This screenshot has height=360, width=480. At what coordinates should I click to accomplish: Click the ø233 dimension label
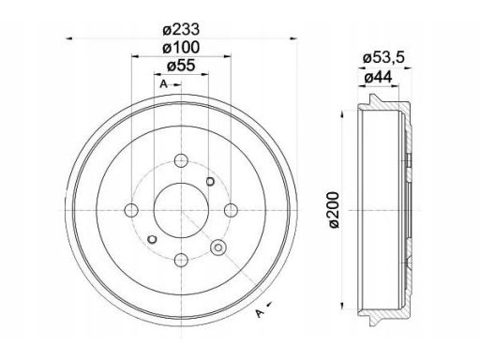pyautogui.click(x=181, y=30)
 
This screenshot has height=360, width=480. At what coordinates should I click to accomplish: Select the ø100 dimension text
pyautogui.click(x=181, y=48)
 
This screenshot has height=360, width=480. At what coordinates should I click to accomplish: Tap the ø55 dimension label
pyautogui.click(x=181, y=66)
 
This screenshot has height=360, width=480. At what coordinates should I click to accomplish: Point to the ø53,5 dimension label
pyautogui.click(x=383, y=58)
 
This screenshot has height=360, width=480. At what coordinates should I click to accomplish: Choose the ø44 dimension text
pyautogui.click(x=378, y=77)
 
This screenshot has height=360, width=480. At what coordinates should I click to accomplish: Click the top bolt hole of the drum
pyautogui.click(x=181, y=160)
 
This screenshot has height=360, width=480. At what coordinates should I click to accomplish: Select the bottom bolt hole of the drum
pyautogui.click(x=181, y=260)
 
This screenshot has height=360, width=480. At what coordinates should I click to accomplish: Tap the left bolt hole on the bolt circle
pyautogui.click(x=131, y=210)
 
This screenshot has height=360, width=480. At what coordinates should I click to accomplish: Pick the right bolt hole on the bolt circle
pyautogui.click(x=231, y=210)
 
